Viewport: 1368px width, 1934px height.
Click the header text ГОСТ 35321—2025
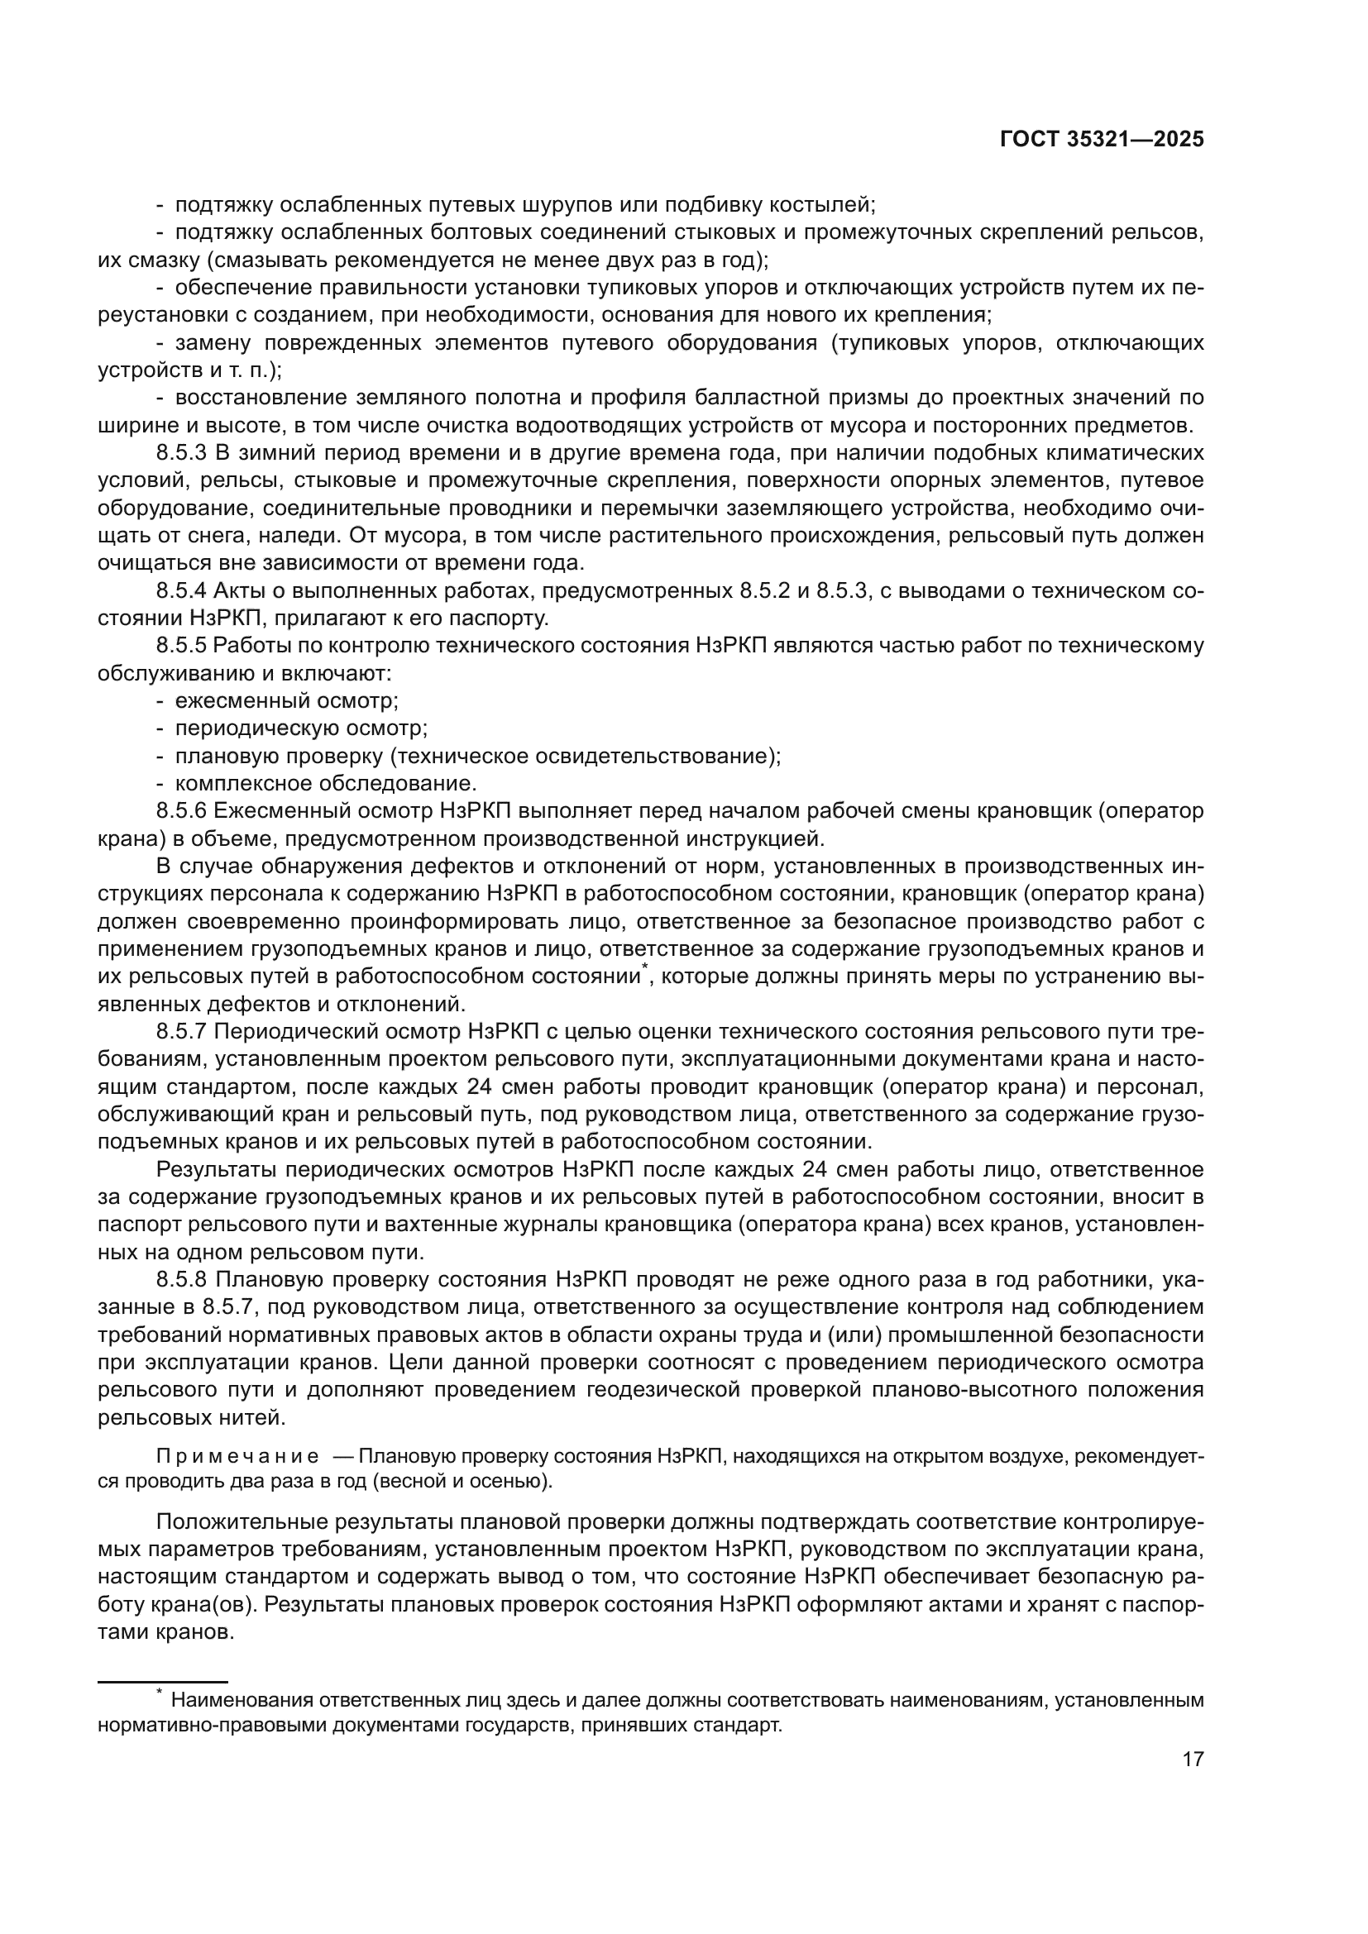click(1102, 140)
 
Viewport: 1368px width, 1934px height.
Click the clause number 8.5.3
click(181, 453)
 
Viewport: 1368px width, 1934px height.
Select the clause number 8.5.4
click(181, 591)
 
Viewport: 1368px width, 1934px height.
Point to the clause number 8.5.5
click(181, 646)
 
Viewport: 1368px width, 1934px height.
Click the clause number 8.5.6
click(181, 811)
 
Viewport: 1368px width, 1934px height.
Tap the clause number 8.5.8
click(181, 1279)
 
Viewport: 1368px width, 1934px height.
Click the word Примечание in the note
click(237, 1457)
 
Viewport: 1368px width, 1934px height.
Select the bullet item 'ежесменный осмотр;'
click(286, 701)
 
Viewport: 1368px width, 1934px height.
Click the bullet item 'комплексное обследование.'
click(326, 783)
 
